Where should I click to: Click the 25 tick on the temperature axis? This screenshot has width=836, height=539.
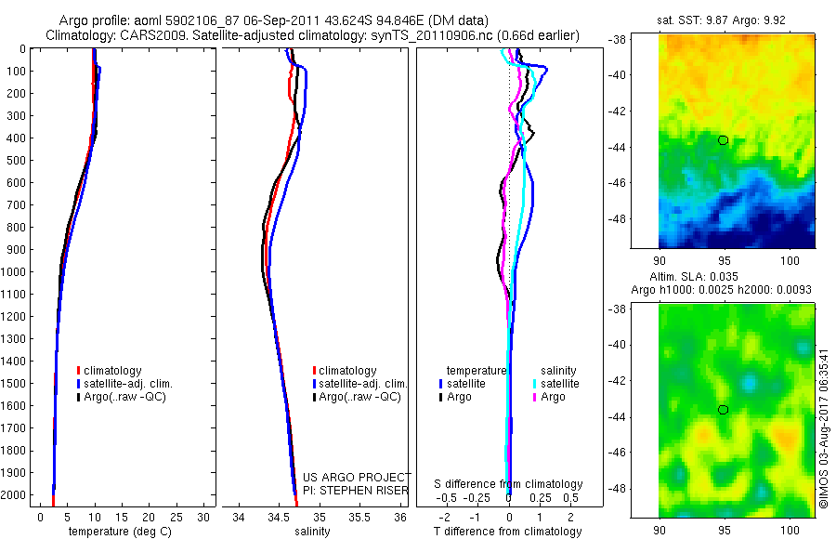[176, 517]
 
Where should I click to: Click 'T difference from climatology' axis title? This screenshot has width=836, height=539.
[509, 532]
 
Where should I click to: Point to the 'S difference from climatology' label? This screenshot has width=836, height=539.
[509, 484]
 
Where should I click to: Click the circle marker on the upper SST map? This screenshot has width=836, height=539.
[723, 140]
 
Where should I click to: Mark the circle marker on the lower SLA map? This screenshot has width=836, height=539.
[723, 410]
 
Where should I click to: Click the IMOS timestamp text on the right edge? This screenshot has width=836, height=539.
[823, 427]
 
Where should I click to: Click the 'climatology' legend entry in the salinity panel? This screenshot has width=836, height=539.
[346, 370]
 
